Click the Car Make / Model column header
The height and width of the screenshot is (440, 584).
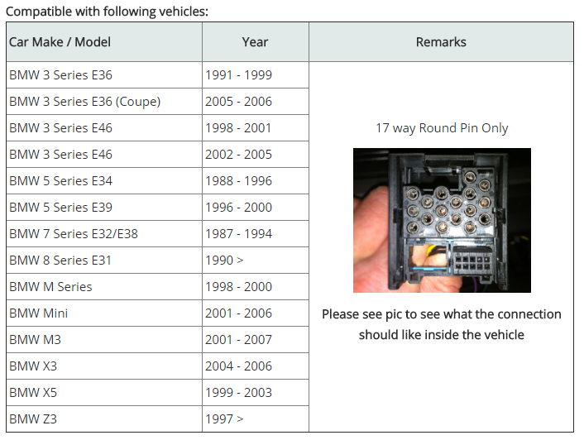point(60,42)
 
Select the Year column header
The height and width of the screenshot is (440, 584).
point(255,42)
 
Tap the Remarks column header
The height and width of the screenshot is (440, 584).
point(441,42)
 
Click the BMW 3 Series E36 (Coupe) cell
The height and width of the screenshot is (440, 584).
point(85,101)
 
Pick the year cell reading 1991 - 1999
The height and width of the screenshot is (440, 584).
point(239,74)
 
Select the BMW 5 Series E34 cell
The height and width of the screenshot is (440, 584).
point(60,181)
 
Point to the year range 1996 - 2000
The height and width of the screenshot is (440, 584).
point(239,208)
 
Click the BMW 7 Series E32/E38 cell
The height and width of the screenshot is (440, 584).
point(74,234)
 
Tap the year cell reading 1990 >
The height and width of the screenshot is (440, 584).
point(224,261)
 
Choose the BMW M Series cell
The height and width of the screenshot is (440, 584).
point(50,287)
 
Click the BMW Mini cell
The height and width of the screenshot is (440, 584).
point(38,313)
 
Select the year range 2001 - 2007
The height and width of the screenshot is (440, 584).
point(239,339)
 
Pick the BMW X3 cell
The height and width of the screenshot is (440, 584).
point(33,366)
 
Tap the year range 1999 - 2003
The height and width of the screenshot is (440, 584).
point(239,392)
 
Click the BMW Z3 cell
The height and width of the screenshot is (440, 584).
point(33,418)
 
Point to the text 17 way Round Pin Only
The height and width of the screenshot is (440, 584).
point(442,128)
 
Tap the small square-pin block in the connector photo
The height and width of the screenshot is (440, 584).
point(472,261)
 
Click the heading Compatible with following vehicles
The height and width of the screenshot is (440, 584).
point(108,12)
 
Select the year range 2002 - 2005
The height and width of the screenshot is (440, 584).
point(239,155)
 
